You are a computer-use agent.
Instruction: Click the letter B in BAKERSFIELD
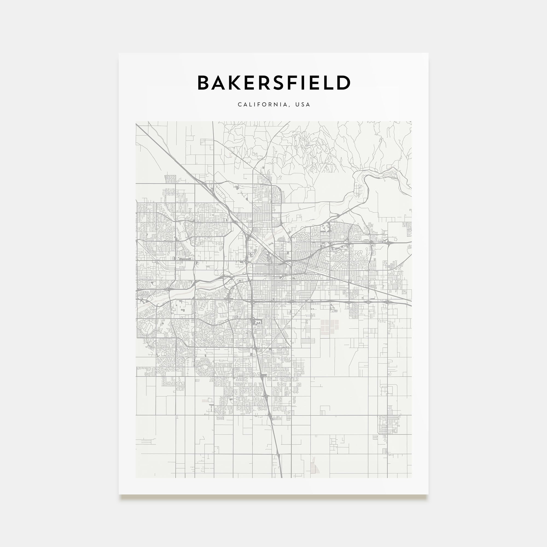(203, 83)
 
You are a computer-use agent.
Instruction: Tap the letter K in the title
(235, 83)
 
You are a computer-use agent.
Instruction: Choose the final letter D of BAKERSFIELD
(344, 83)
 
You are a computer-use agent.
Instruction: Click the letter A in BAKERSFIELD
(219, 83)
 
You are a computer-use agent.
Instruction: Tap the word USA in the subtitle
(303, 104)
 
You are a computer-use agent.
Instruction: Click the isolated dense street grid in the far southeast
(389, 425)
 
